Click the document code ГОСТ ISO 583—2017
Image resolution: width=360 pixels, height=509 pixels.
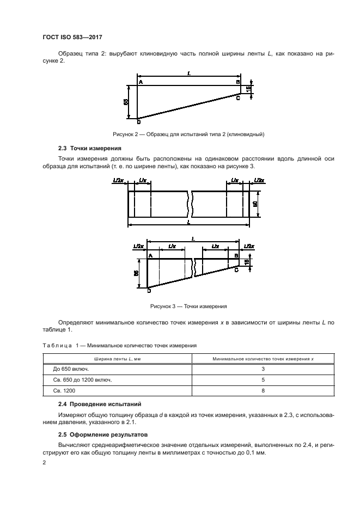[x=72, y=37]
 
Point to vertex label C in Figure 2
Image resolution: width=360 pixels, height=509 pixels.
[x=238, y=98]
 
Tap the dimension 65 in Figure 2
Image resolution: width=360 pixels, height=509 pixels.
[x=126, y=102]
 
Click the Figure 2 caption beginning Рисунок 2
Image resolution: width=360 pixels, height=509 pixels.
[x=188, y=133]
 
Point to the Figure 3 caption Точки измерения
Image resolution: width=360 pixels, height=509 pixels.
[x=188, y=306]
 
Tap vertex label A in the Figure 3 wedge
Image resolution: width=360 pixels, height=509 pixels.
[x=150, y=255]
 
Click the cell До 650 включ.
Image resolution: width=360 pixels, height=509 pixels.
[x=68, y=369]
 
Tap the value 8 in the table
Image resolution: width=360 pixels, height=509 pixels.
[x=263, y=391]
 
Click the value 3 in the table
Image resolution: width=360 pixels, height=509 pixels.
[x=263, y=369]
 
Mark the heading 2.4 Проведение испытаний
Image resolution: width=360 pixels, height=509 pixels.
[x=100, y=404]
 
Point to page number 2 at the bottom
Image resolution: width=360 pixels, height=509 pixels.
[x=45, y=462]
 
